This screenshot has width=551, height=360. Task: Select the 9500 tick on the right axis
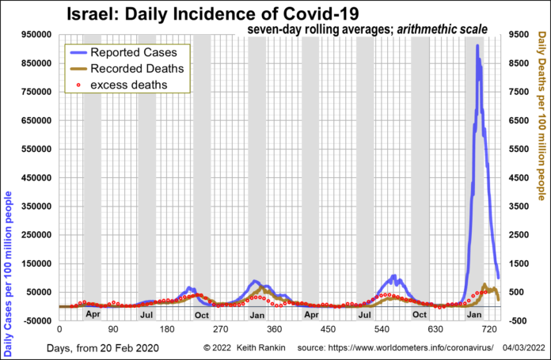point(521,36)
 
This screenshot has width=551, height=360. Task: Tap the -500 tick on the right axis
point(521,321)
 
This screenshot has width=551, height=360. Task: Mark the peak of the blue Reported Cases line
point(477,46)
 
